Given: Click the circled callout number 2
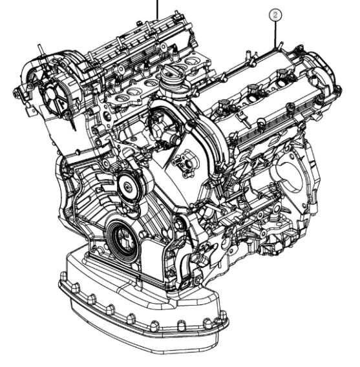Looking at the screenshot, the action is tap(275, 16).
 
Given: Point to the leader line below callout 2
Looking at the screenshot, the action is tap(275, 34).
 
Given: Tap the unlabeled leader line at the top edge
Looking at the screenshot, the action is tap(157, 10).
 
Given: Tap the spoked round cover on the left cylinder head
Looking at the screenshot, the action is tap(54, 96).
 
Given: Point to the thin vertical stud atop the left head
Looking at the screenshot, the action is tap(40, 50).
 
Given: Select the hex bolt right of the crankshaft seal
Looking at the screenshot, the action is tap(178, 225).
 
